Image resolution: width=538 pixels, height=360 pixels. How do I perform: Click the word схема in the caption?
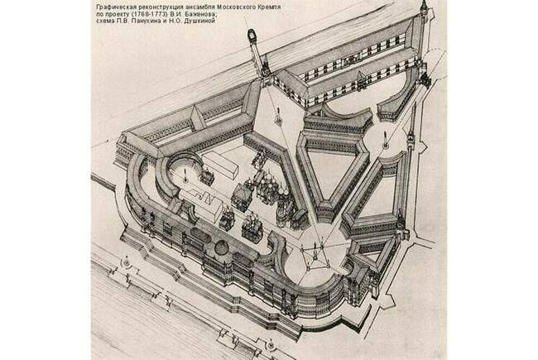(104, 22)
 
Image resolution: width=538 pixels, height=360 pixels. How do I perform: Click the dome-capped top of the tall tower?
(252, 36)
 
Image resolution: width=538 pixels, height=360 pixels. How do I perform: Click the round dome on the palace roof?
(222, 247)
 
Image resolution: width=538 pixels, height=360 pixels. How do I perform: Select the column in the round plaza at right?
(386, 140)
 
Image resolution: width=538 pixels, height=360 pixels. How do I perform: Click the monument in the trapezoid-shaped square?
(278, 117)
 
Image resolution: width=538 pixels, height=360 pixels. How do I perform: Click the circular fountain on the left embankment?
(127, 262)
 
